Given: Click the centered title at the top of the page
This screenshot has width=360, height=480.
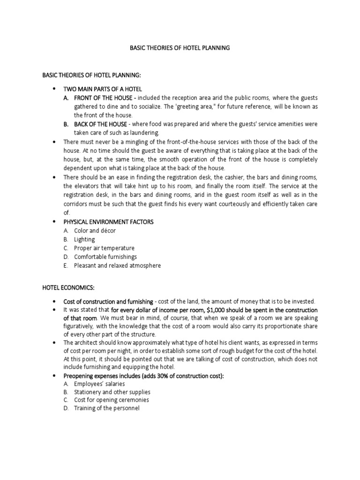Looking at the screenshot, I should (x=180, y=48).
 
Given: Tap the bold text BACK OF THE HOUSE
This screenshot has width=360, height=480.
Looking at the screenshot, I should (x=100, y=124).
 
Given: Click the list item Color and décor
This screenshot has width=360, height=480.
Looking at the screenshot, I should (x=95, y=231).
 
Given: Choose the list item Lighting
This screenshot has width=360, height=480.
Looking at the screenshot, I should (x=84, y=239).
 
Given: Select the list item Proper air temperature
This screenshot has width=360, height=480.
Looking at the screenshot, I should (x=104, y=248).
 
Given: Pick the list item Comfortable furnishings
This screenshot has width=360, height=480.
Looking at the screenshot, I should (x=105, y=257).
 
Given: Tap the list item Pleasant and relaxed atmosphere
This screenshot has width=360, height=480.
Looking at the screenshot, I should (x=117, y=265).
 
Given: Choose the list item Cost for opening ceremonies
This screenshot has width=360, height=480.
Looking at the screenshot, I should (x=112, y=400).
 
